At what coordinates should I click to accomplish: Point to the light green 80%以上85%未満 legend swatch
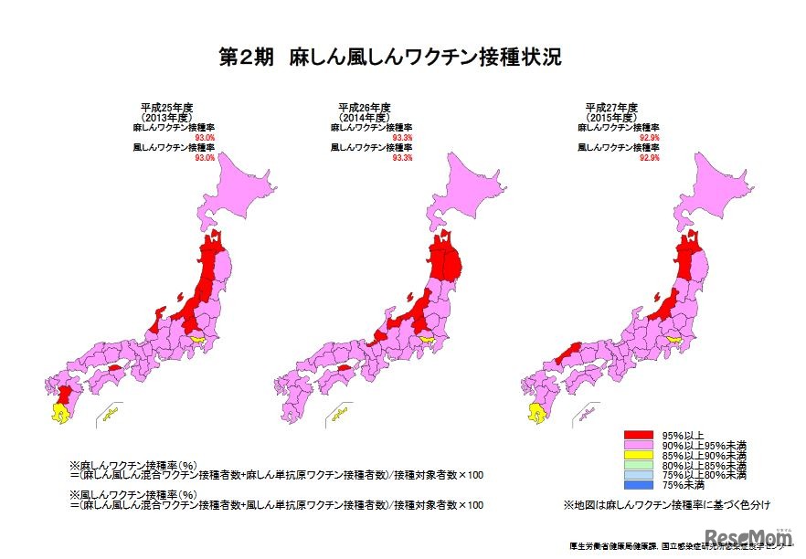[639, 464]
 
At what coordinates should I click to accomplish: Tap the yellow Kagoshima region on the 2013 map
[59, 414]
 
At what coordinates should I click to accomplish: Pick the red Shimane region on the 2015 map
[566, 351]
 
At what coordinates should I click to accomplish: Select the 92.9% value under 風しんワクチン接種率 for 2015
[650, 157]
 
